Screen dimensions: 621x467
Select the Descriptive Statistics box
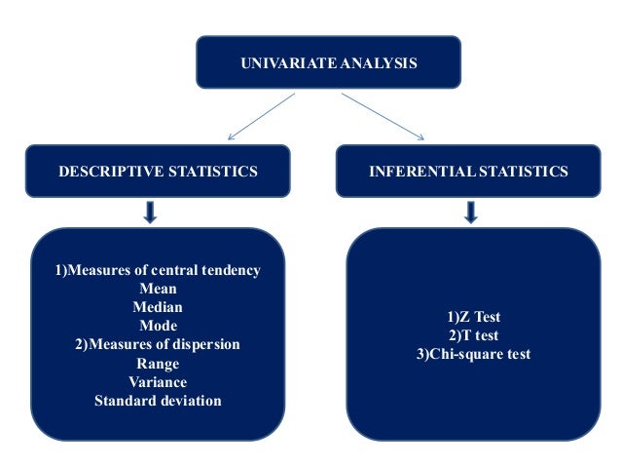(158, 173)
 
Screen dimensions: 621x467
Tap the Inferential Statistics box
(468, 173)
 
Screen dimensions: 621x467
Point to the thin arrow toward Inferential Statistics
(389, 119)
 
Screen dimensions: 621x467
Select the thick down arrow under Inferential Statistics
(470, 212)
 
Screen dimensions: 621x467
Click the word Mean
(158, 289)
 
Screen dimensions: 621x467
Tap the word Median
(158, 307)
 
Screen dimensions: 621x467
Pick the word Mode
(158, 326)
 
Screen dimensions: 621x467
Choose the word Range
(158, 364)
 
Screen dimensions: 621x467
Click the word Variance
(158, 382)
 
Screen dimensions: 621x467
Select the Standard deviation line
(158, 401)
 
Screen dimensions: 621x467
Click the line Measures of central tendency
(158, 270)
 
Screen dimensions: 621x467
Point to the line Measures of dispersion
(158, 345)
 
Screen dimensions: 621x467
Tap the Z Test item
(473, 318)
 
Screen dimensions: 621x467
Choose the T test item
(473, 335)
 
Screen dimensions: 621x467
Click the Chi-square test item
(473, 354)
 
